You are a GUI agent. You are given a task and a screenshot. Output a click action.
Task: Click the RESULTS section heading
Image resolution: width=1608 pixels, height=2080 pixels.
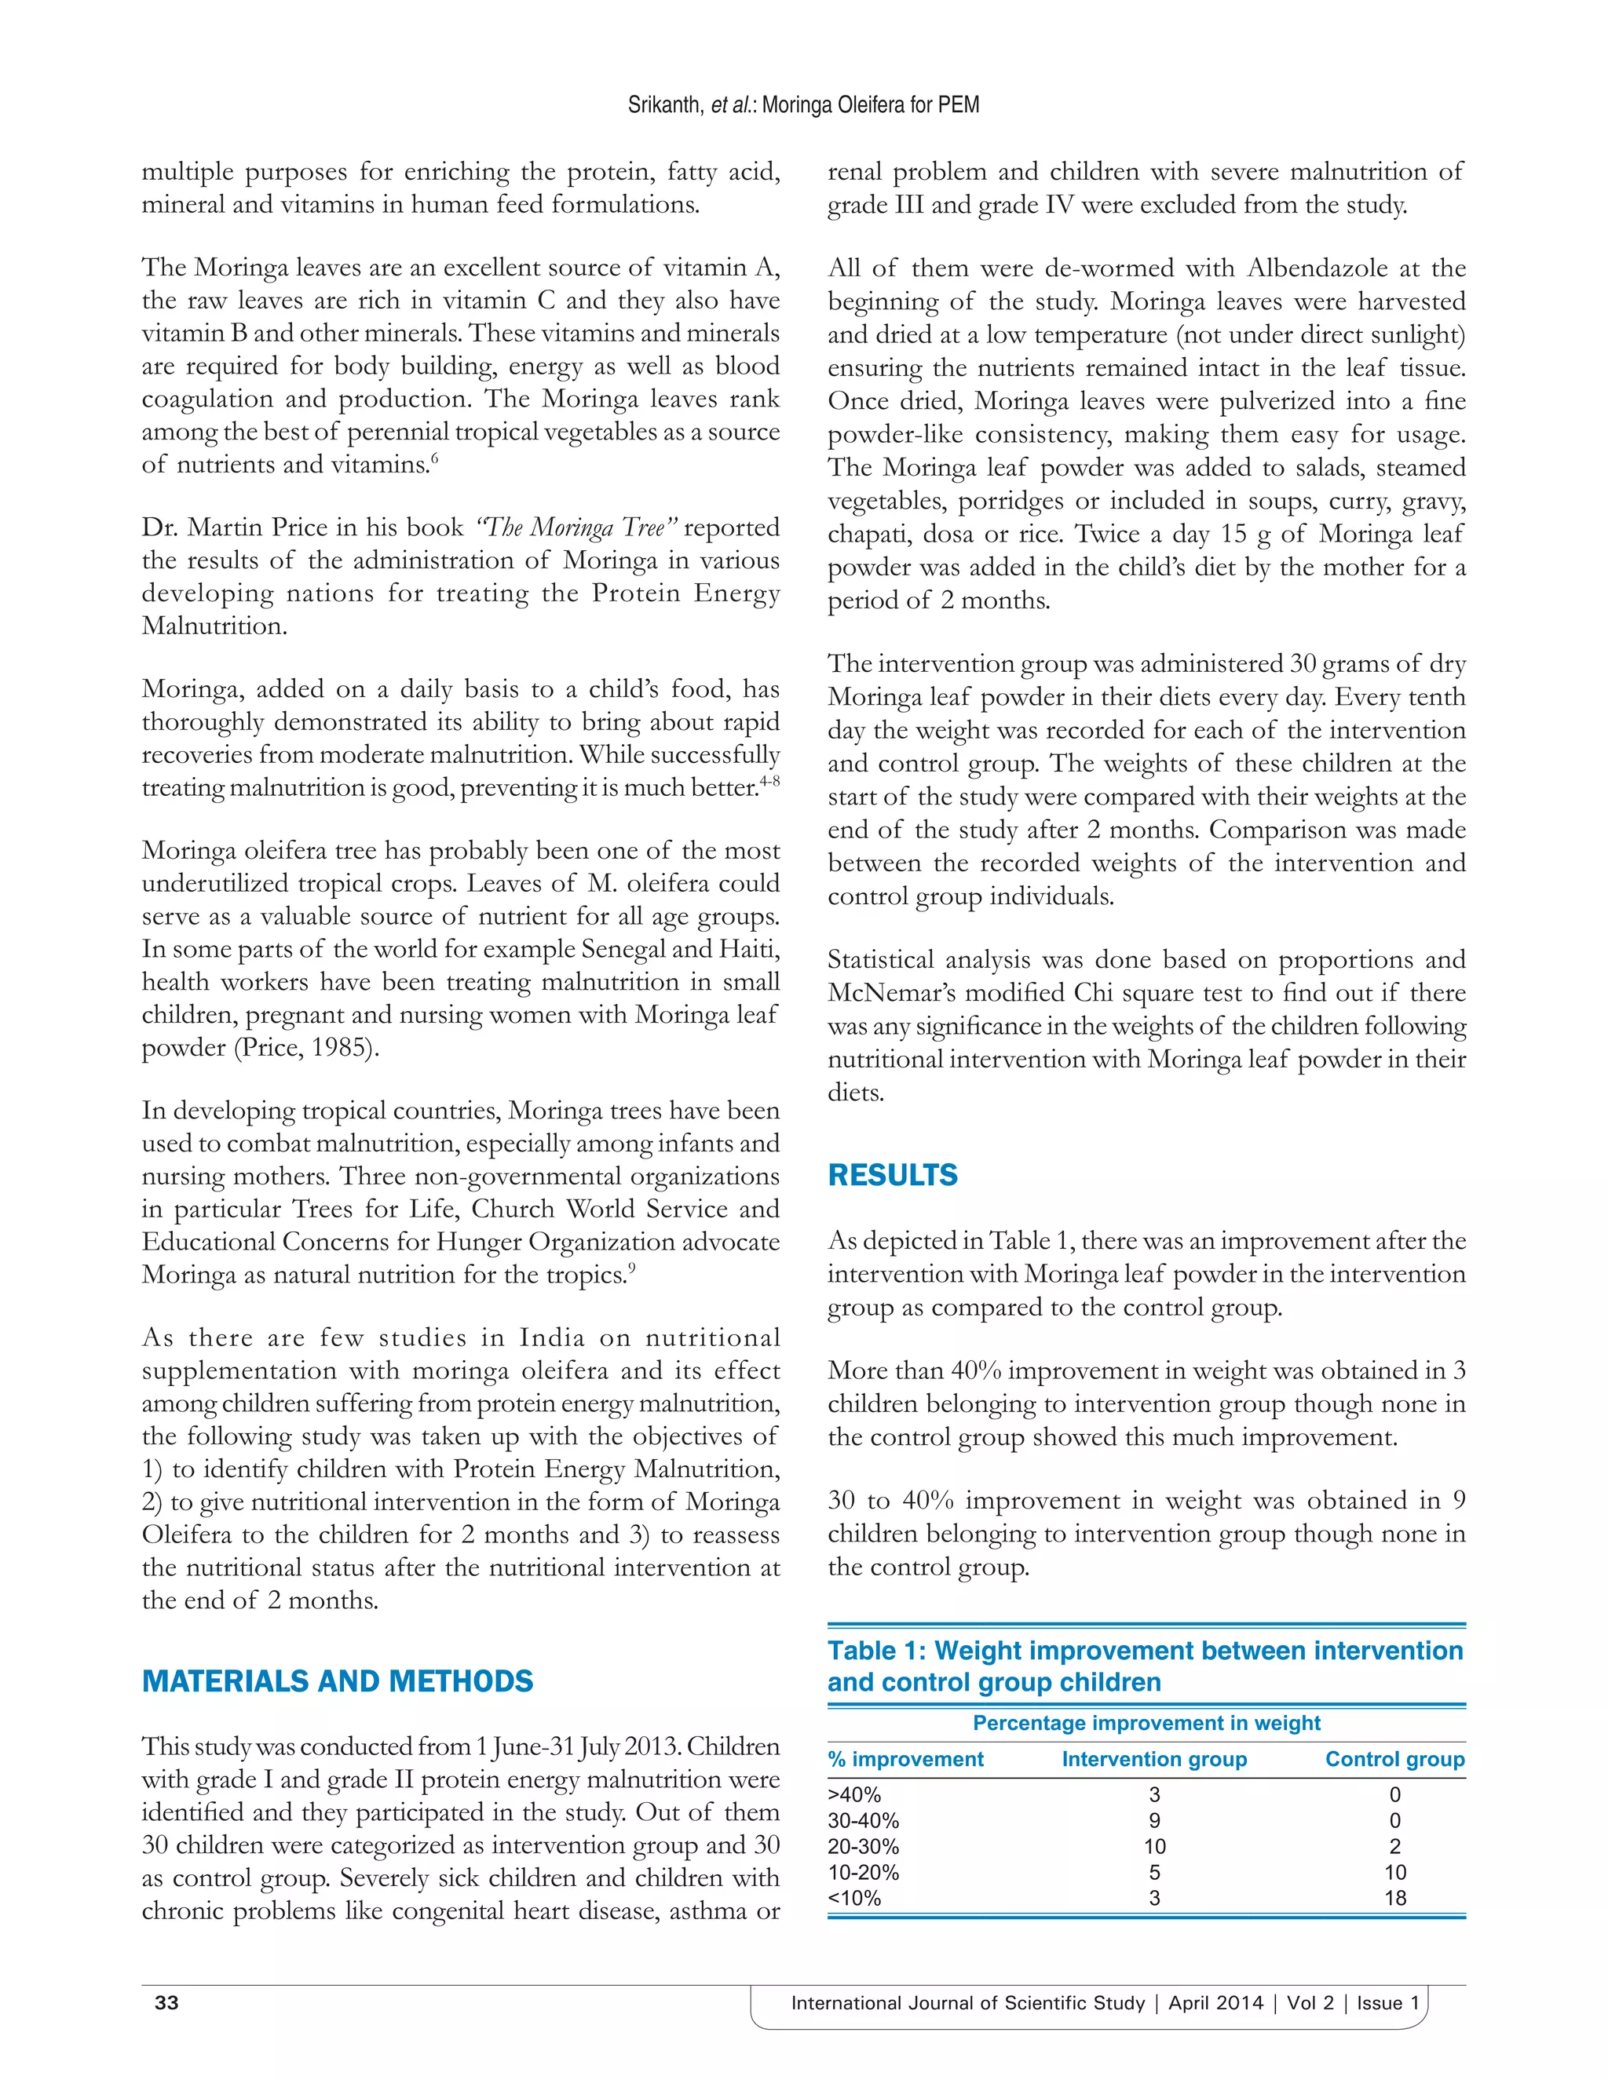892,1175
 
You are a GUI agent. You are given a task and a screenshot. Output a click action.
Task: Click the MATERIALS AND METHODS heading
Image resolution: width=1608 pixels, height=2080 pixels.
337,1681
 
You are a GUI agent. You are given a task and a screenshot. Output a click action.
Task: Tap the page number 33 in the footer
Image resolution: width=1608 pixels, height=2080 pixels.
166,2002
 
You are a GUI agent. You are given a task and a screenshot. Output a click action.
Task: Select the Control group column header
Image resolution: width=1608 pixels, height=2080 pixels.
1394,1759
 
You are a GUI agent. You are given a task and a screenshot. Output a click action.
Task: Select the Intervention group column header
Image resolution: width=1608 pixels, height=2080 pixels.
1153,1759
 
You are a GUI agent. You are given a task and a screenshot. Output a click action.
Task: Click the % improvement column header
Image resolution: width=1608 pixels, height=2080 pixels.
905,1759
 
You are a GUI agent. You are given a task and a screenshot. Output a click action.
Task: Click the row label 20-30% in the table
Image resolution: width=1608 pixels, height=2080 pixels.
863,1847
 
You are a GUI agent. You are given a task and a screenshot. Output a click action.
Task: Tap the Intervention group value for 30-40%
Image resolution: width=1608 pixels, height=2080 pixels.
1153,1821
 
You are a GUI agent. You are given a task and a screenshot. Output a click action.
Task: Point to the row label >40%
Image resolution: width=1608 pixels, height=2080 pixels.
854,1795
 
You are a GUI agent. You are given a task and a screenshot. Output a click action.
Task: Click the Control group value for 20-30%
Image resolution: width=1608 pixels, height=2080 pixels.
1394,1847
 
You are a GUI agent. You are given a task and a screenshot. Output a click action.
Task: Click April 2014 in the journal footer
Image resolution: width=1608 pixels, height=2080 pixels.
1215,2003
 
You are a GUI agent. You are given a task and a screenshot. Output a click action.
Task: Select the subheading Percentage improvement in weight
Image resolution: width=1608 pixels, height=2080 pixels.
1146,1723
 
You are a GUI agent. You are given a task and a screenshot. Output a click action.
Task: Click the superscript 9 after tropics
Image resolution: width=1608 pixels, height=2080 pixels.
631,1268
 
